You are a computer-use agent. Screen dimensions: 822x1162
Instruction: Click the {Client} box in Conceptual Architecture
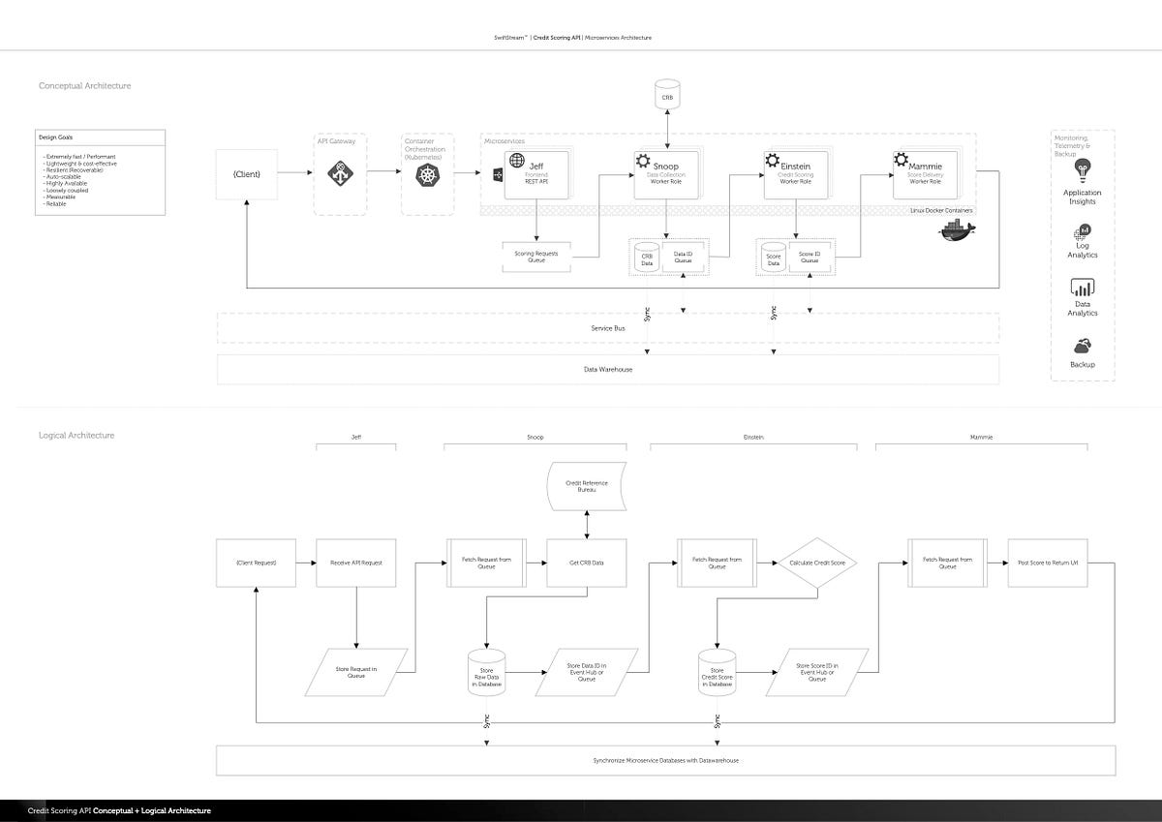click(x=248, y=172)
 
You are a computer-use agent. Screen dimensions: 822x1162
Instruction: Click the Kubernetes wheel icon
click(x=427, y=174)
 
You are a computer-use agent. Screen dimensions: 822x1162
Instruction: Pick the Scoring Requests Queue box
click(x=535, y=255)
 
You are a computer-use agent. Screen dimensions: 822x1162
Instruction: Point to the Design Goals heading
click(x=57, y=137)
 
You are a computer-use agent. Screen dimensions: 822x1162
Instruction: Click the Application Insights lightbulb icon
click(x=1083, y=170)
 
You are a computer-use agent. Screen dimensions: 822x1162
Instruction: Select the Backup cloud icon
click(x=1082, y=346)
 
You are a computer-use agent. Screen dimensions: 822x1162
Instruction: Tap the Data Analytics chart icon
click(x=1082, y=288)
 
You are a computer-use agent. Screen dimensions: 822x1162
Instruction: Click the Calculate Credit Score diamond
click(x=817, y=563)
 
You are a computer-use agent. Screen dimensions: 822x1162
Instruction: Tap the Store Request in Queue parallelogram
click(x=356, y=672)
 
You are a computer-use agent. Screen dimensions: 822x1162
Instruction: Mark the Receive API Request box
click(x=356, y=563)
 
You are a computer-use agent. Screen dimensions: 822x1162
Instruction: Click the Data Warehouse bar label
click(x=608, y=370)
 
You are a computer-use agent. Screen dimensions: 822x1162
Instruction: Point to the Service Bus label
click(x=608, y=328)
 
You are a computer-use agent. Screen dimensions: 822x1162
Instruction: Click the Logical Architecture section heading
click(x=76, y=436)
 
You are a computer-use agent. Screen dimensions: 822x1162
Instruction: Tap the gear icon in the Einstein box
click(x=772, y=161)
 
